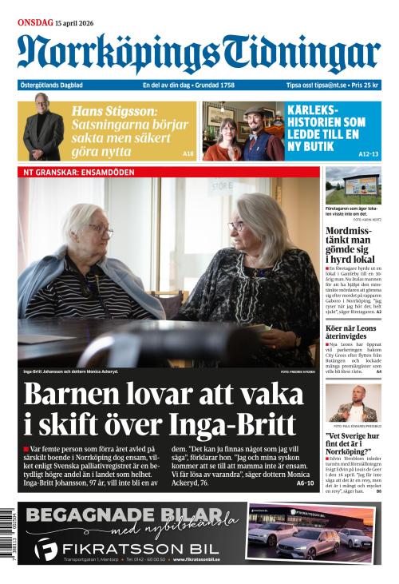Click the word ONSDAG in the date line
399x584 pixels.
point(35,22)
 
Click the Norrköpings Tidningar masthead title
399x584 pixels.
point(199,54)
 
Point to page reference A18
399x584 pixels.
point(188,153)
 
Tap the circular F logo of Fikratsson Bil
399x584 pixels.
point(46,549)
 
